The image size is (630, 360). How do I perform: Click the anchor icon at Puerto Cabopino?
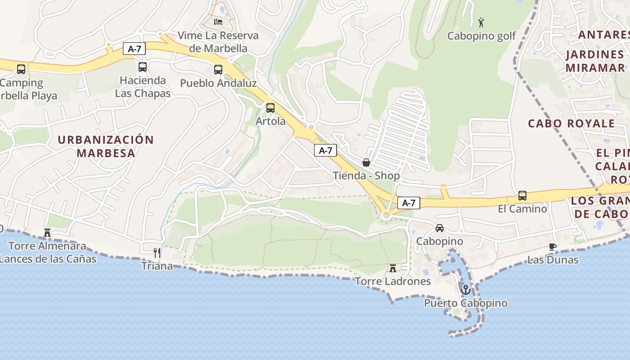point(466,289)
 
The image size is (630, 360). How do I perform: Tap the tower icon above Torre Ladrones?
point(393,268)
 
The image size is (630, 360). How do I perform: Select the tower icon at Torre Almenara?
point(47,233)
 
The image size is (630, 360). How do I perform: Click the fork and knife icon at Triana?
point(157,252)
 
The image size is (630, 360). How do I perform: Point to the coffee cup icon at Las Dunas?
point(553,247)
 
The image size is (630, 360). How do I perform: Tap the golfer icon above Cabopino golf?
point(481,22)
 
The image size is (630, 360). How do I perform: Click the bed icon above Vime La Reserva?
point(218,22)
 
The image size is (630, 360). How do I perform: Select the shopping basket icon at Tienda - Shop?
point(366,162)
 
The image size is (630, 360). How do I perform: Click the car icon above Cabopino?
point(440,228)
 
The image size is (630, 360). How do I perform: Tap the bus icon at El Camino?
point(522,196)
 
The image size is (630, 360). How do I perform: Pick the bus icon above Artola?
point(270,108)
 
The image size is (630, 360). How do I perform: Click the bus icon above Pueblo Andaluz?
point(218,70)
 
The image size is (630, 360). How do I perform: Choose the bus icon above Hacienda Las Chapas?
point(143,67)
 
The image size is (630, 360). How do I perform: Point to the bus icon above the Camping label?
point(21,69)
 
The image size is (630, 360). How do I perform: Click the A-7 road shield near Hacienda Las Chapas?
point(134,49)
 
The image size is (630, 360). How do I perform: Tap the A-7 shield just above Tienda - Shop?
point(325,151)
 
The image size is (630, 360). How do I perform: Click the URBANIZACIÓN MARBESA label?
point(106,146)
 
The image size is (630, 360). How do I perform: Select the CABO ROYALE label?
point(571,123)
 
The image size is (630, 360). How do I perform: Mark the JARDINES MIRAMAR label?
point(595,61)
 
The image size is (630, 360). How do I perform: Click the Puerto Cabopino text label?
point(466,303)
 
